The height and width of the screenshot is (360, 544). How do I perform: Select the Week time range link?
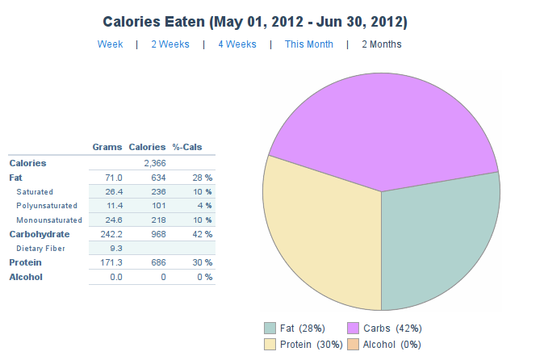[x=110, y=44]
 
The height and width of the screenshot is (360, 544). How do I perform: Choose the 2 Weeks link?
[x=170, y=44]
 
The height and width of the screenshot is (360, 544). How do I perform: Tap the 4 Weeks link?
[x=237, y=44]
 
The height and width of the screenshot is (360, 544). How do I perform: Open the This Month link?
[x=308, y=44]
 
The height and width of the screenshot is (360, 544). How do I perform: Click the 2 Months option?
[x=381, y=44]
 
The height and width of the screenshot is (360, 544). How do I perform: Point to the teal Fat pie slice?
[x=440, y=242]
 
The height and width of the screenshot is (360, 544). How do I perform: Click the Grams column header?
[x=107, y=147]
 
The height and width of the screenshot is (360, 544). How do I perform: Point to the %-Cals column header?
[x=187, y=147]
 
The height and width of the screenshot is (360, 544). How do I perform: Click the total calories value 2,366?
[x=155, y=163]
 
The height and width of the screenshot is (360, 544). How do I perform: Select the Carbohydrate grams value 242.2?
[x=108, y=234]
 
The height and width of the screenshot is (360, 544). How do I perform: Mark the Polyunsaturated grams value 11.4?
[x=111, y=206]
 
